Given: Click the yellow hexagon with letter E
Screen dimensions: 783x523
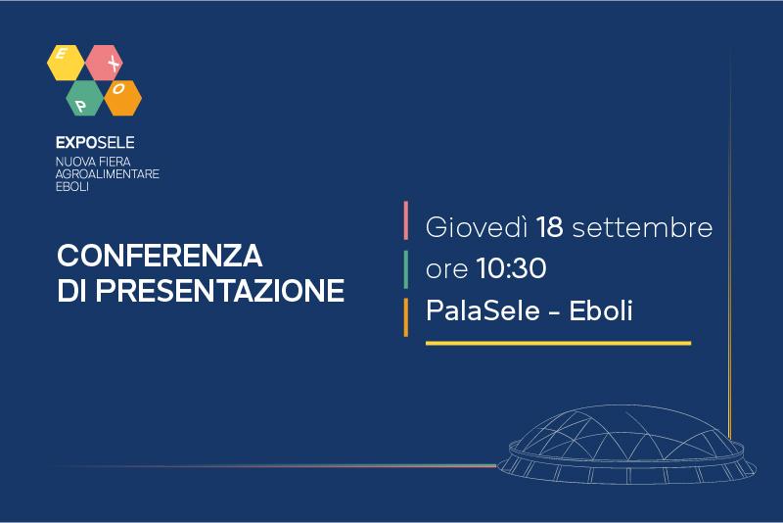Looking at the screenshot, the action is point(66,63).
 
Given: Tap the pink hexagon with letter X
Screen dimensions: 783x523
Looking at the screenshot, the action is point(105,63).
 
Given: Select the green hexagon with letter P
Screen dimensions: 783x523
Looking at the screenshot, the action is point(85,98).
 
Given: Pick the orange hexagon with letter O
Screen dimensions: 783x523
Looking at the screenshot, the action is point(123,98).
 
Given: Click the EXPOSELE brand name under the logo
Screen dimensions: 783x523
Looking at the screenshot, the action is point(95,143).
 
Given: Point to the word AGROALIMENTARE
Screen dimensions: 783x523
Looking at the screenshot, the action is point(108,173).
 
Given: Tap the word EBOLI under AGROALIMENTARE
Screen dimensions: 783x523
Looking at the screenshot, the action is point(71,187).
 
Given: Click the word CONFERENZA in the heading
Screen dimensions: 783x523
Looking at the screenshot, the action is point(160,256).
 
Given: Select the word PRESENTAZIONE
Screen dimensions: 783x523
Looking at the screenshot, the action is point(220,290).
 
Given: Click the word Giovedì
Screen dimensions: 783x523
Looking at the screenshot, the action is point(477,227).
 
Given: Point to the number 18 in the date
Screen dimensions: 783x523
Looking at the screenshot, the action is point(550,227).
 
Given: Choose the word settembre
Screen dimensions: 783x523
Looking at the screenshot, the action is point(642,228).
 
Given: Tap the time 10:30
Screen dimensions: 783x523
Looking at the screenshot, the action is point(511,268).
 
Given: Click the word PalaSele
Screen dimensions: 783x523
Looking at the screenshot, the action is point(483,310).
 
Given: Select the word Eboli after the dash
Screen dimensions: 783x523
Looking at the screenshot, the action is point(601,310).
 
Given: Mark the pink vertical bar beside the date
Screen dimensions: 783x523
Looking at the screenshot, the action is point(406,220).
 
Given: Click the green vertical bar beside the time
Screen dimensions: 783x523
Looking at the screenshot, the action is point(406,269).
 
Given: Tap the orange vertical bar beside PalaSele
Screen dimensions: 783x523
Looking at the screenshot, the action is point(406,317).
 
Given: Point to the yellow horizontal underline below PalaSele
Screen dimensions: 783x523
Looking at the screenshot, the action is point(558,343).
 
